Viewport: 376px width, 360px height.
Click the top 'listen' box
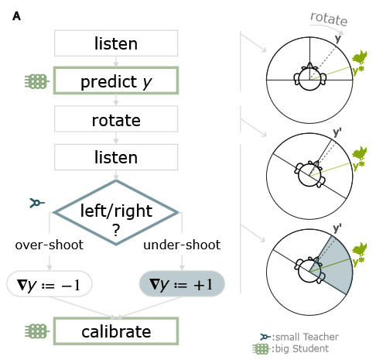click(x=116, y=43)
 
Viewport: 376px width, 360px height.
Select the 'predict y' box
click(x=116, y=81)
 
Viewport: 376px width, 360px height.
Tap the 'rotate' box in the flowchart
click(x=116, y=119)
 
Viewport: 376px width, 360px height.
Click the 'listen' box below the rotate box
click(x=116, y=157)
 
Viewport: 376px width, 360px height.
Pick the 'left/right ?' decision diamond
click(x=116, y=213)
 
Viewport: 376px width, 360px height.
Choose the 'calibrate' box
click(x=116, y=331)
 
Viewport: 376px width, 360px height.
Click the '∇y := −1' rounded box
click(x=50, y=284)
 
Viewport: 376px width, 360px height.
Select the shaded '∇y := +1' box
click(x=182, y=284)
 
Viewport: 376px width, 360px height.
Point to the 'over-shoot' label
click(x=50, y=245)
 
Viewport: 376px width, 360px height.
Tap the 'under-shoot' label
click(x=182, y=245)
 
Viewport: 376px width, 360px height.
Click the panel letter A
click(x=16, y=16)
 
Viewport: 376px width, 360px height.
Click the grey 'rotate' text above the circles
click(x=329, y=19)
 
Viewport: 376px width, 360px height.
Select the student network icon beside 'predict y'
click(x=37, y=81)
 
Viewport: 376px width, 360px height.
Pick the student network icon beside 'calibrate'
click(x=37, y=331)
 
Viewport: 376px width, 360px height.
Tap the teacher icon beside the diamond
click(x=37, y=203)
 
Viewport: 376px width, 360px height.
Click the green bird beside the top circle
click(x=360, y=57)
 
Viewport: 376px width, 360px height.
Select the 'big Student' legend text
click(x=302, y=348)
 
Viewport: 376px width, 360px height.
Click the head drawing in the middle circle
click(x=309, y=174)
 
